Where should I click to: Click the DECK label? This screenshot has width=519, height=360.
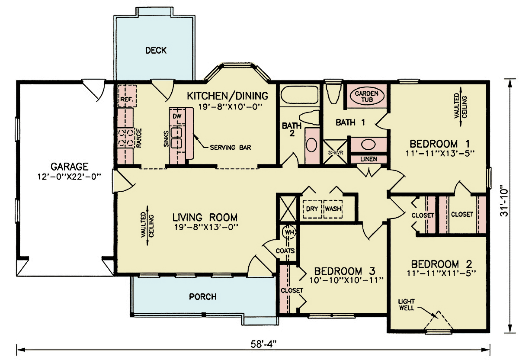[156, 51]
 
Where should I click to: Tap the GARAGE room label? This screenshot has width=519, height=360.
[70, 166]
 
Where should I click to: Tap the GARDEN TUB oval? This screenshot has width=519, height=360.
[367, 97]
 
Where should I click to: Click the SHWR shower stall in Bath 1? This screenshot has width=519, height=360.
[336, 152]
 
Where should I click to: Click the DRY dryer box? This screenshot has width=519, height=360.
[312, 209]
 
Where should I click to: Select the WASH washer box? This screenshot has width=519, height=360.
[333, 209]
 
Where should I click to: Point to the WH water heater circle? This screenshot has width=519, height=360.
[288, 232]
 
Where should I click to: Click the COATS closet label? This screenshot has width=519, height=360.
[285, 251]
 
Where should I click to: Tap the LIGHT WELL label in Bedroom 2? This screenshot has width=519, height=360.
[407, 304]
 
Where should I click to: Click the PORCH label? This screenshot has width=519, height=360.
[203, 297]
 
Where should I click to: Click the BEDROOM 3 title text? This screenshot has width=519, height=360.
[344, 271]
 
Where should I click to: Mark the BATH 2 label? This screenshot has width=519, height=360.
[289, 129]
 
